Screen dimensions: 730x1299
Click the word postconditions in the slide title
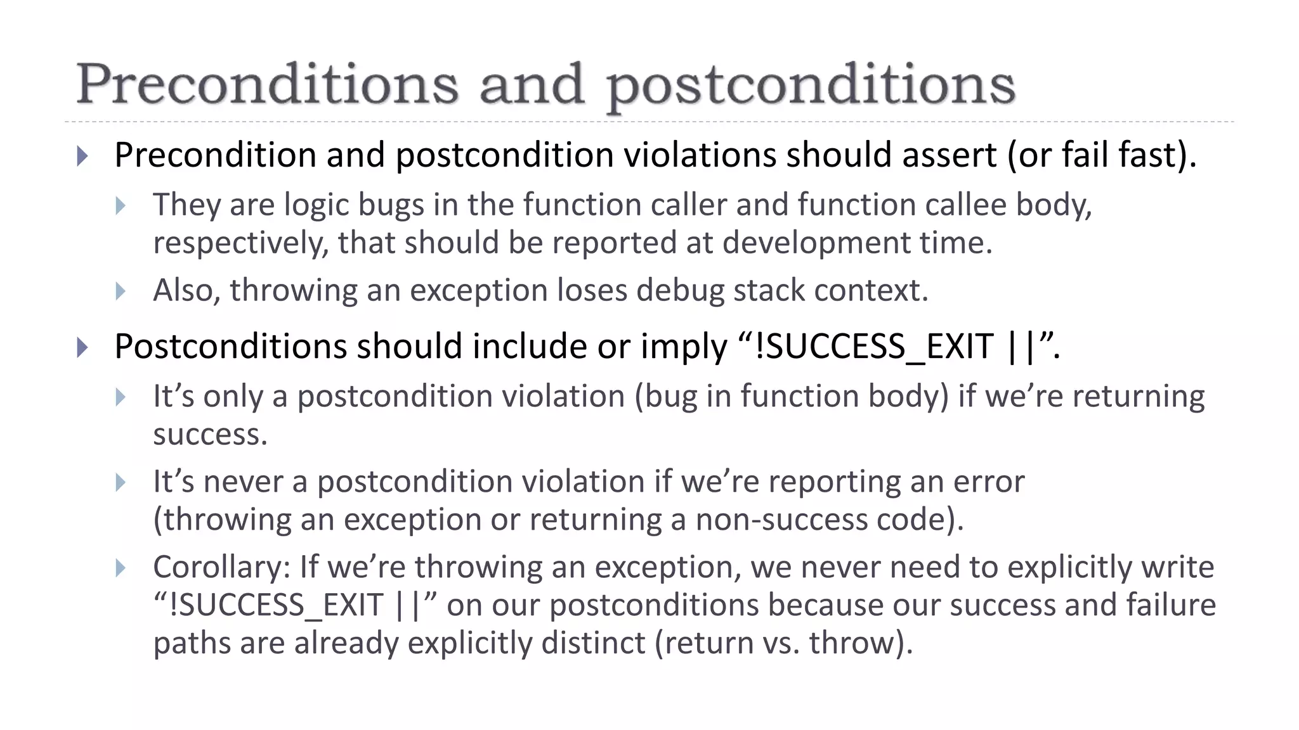click(x=811, y=87)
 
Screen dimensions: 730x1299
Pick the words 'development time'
click(x=857, y=243)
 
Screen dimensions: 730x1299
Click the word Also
click(x=186, y=291)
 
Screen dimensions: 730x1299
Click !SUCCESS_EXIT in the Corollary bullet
click(x=277, y=605)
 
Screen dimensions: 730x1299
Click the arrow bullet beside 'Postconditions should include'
click(x=82, y=347)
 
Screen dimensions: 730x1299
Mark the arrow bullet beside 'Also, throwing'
click(x=121, y=291)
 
